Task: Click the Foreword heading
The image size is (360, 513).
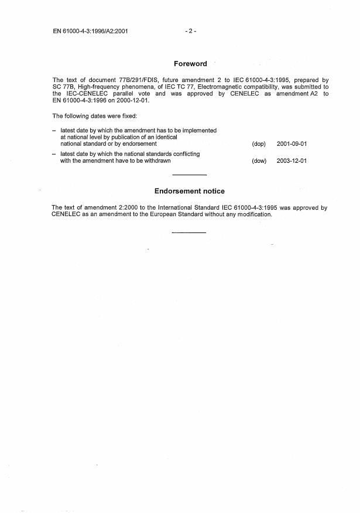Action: coord(190,64)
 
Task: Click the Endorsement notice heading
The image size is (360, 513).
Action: coord(190,191)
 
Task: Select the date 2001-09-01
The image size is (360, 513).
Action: coord(292,143)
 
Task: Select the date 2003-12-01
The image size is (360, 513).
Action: coord(292,161)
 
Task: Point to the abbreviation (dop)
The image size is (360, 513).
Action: coord(258,143)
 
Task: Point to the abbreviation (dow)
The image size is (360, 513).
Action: coord(259,161)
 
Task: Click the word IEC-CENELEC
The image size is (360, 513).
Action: coord(86,93)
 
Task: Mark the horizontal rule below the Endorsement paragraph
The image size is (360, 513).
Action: coord(188,232)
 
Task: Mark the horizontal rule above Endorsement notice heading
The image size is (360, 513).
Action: coord(190,175)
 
